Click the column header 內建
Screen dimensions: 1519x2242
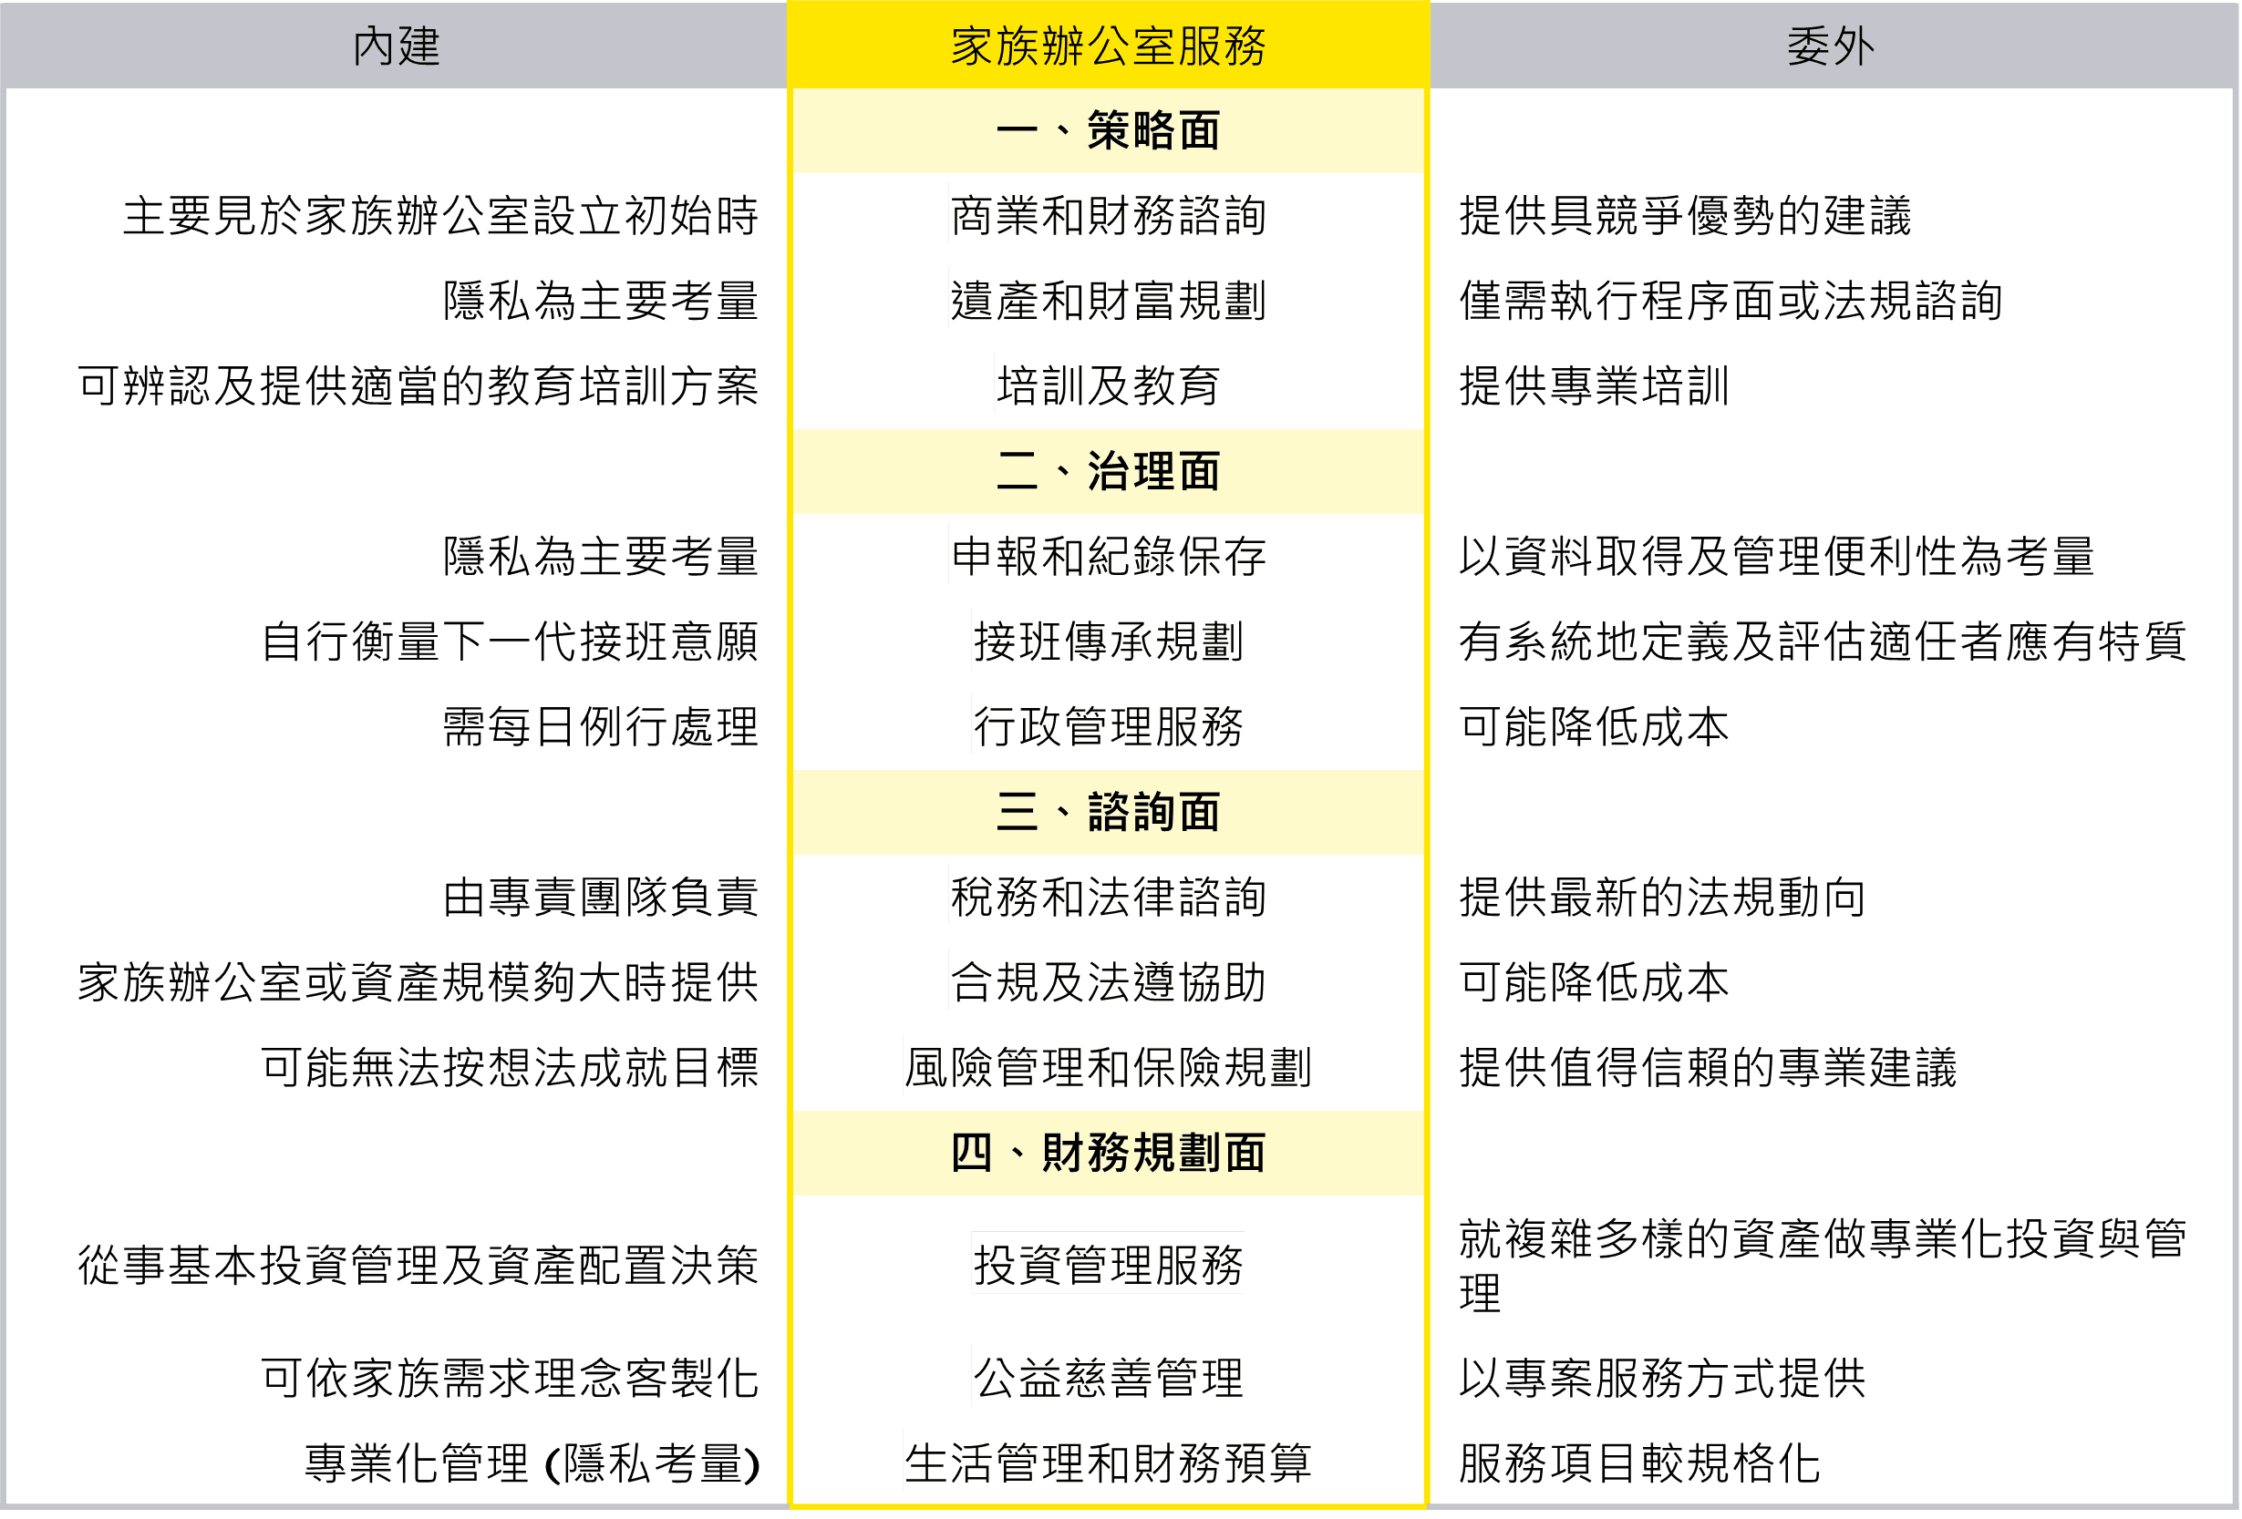pos(396,46)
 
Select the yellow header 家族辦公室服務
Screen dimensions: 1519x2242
pos(1108,46)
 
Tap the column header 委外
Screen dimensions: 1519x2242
pos(1830,46)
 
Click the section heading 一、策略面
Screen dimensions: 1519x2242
pos(1108,130)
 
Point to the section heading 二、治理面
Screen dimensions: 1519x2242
pos(1108,472)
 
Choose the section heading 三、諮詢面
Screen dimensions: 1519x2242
pos(1108,812)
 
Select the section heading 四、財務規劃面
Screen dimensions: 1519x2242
pos(1108,1153)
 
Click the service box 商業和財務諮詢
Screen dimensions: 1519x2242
pos(1108,214)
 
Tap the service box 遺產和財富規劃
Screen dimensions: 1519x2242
pos(1108,299)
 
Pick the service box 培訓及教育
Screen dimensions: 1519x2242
pos(1108,384)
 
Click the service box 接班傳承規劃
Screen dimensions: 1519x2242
pos(1108,640)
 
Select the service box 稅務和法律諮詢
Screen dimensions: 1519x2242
pos(1108,895)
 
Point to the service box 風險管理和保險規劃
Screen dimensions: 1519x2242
pos(1108,1066)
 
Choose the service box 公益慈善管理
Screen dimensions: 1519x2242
pos(1108,1376)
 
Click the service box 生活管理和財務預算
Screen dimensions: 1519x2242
pos(1108,1461)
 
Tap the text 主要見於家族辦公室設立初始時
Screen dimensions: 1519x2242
pos(439,215)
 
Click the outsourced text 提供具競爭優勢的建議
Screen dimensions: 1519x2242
pos(1684,215)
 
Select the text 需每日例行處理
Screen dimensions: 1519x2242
pos(600,726)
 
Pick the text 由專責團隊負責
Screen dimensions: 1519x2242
pos(600,897)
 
